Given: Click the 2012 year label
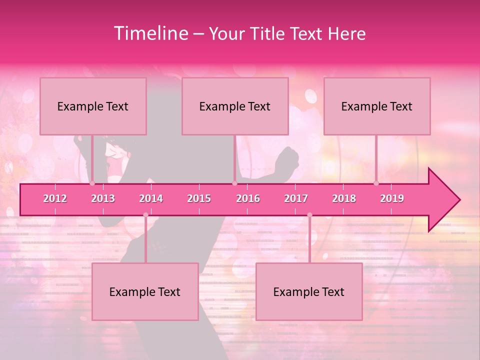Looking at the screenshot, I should [x=55, y=198].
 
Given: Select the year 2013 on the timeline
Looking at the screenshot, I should [x=103, y=198].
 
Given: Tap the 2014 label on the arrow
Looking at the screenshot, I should [x=151, y=198].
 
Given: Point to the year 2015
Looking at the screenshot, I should [x=199, y=198].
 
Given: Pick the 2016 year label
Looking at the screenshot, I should [x=248, y=198].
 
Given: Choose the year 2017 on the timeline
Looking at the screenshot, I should [x=296, y=198].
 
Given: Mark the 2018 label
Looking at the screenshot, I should [x=344, y=198].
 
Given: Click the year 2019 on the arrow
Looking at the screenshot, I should [x=392, y=198].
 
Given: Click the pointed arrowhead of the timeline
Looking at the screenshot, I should [x=445, y=200].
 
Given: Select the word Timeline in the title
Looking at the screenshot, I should [x=151, y=33].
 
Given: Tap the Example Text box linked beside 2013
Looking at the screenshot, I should [x=93, y=106].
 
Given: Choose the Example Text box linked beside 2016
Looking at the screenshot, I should [x=235, y=106].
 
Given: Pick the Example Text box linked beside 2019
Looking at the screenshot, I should [x=377, y=106].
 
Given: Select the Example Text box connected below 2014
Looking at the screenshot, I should [x=145, y=292].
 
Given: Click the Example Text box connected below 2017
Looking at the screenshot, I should [x=309, y=292].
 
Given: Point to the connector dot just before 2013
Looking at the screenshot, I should [x=92, y=183].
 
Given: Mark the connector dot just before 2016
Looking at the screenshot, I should [x=234, y=183].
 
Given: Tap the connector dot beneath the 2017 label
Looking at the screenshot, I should [x=309, y=215].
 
